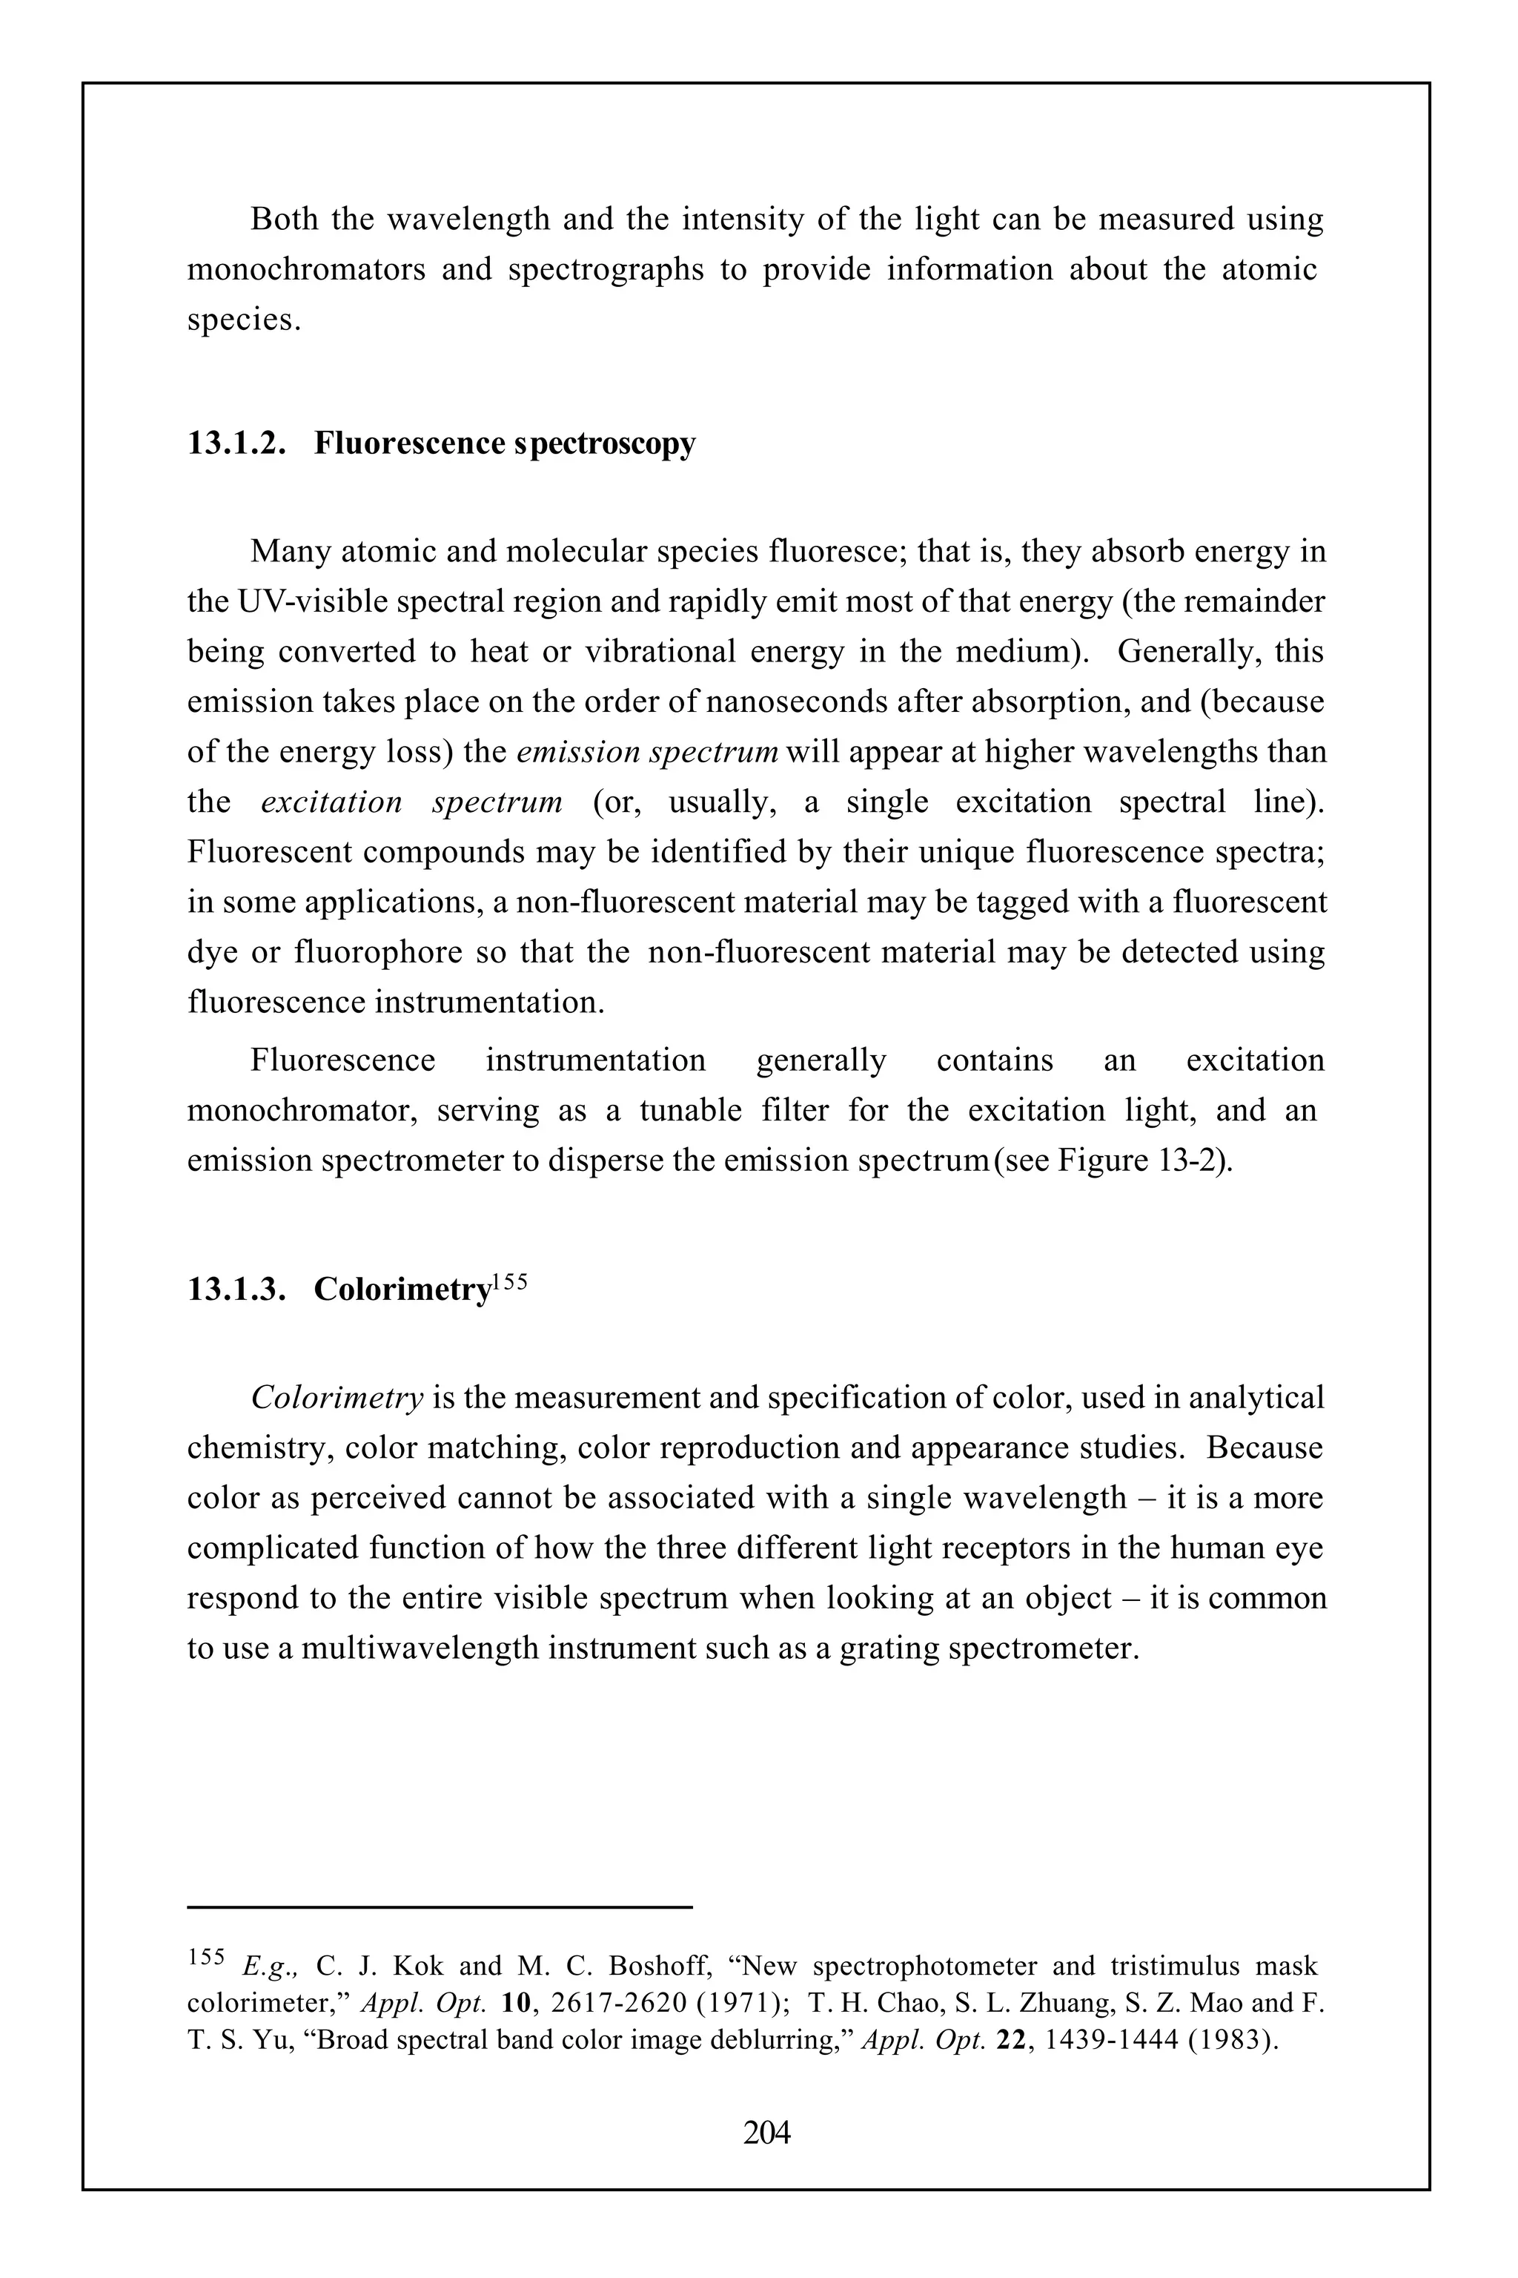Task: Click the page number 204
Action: [x=766, y=2132]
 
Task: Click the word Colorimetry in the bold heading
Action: [x=402, y=1289]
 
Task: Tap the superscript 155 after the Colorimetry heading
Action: [x=509, y=1281]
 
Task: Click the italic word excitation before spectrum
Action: [x=331, y=802]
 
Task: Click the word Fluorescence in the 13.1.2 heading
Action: [x=409, y=443]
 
